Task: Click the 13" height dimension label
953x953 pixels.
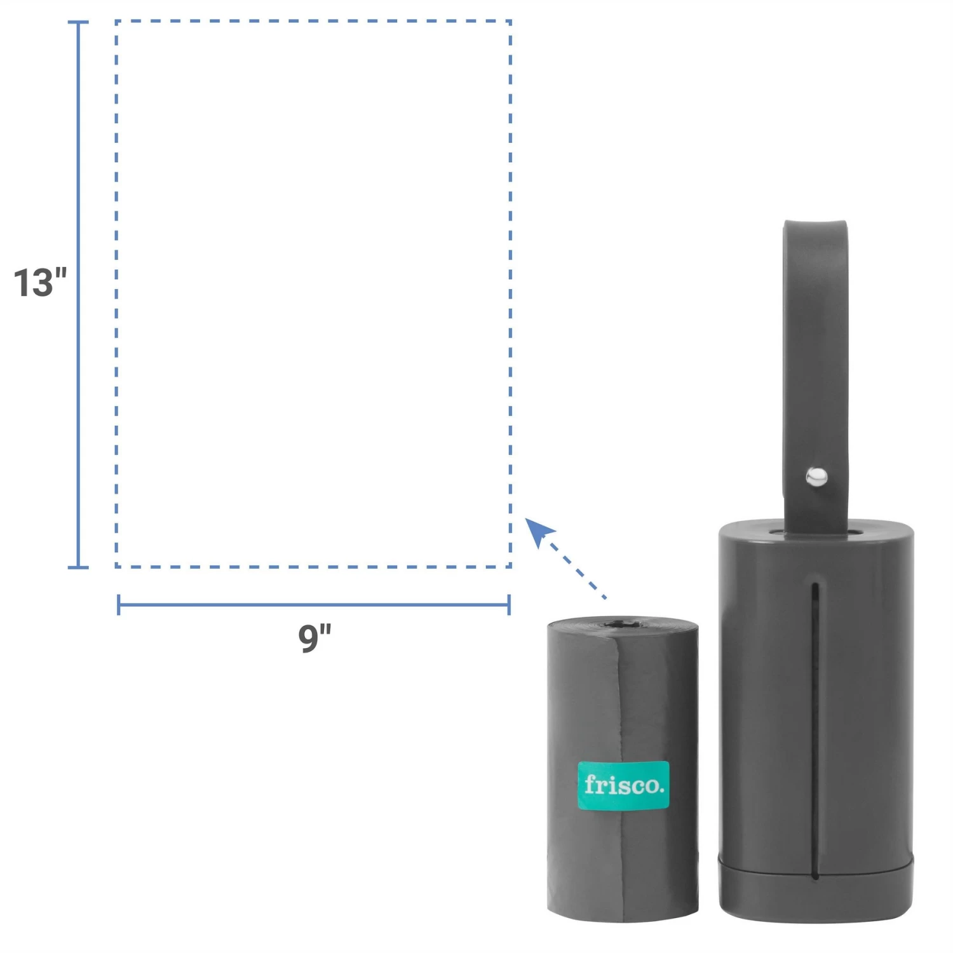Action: point(40,283)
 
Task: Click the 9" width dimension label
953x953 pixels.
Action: point(314,637)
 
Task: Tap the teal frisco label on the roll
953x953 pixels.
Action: point(623,785)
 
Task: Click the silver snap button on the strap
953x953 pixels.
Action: point(816,476)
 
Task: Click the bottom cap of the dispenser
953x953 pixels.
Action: point(816,889)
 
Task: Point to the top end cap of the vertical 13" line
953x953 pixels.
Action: point(78,22)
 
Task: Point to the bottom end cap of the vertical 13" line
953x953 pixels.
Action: point(78,567)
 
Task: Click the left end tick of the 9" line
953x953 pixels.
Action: point(119,605)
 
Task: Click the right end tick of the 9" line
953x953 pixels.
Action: point(509,605)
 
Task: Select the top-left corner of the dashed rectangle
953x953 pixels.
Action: point(117,22)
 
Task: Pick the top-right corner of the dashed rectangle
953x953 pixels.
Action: point(510,22)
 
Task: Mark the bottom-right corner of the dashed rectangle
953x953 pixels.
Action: point(510,566)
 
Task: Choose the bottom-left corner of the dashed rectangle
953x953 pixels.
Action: point(117,566)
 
